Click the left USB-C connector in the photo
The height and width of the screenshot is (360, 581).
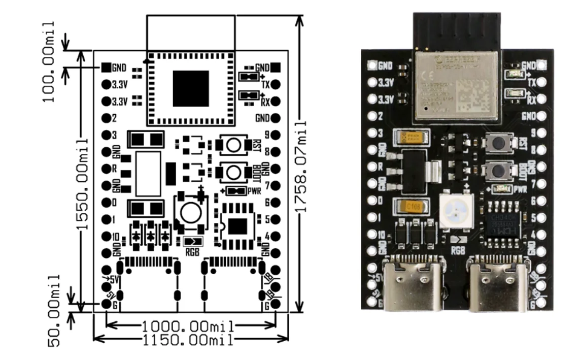coord(412,285)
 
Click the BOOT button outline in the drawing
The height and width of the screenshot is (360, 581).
coord(233,172)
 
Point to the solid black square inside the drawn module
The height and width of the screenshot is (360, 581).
coord(190,88)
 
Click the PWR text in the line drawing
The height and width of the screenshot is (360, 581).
coord(254,191)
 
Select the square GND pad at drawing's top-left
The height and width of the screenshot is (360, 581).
coord(106,67)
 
